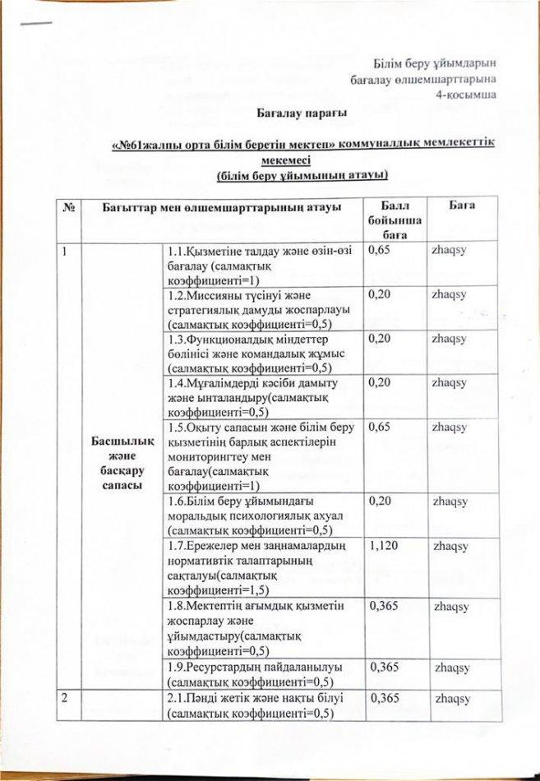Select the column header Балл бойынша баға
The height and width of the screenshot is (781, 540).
[390, 220]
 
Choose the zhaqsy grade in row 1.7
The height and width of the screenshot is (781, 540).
[450, 545]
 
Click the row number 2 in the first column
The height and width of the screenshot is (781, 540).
[62, 697]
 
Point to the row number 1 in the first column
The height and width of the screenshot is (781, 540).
[62, 250]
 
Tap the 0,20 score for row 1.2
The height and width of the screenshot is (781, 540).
[379, 293]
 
